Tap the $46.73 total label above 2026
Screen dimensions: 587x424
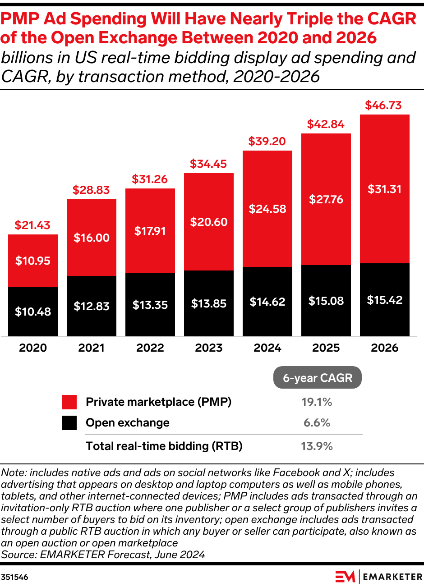click(383, 105)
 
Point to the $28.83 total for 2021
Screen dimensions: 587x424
click(91, 190)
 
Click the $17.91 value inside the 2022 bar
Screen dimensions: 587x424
click(150, 231)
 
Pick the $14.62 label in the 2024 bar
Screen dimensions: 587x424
click(267, 302)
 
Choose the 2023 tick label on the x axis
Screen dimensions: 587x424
click(209, 348)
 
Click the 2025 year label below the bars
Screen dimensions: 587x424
click(326, 348)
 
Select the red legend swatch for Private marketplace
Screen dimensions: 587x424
click(69, 402)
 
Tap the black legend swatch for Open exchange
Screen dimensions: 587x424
click(69, 423)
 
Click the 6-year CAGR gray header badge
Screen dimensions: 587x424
click(318, 378)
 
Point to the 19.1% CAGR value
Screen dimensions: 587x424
click(317, 402)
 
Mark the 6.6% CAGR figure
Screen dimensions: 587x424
click(317, 423)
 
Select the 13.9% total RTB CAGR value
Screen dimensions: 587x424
click(317, 446)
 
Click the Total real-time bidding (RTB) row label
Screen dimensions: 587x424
click(164, 446)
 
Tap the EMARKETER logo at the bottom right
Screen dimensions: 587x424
click(379, 577)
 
